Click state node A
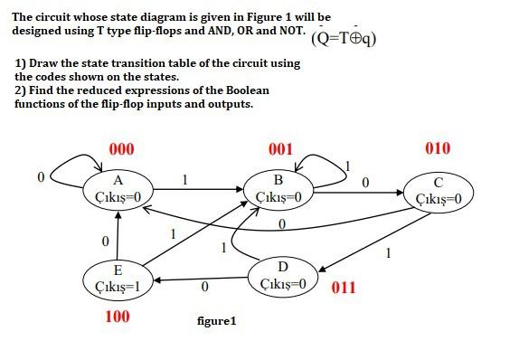pos(118,187)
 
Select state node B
pos(278,187)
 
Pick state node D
pos(282,275)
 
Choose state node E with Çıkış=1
pos(117,278)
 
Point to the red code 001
pos(281,148)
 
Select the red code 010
pos(437,148)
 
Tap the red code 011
pos(344,288)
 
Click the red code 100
pos(118,317)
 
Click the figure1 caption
pos(216,320)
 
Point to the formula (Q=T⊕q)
pos(344,39)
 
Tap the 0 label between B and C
pos(365,184)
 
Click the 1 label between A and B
pos(185,179)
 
